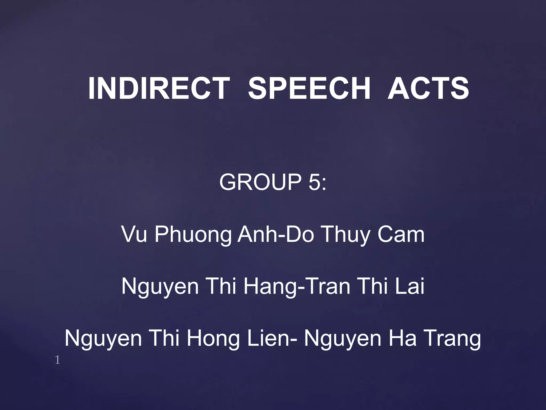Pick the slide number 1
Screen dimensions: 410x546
pyautogui.click(x=57, y=361)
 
